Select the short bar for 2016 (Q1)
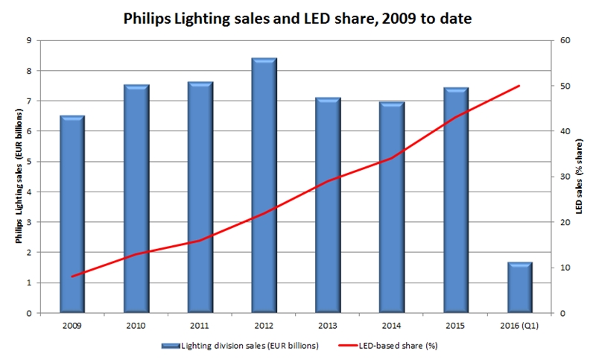(519, 288)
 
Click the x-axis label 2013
(328, 325)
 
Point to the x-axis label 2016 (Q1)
(519, 325)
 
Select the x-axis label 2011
(200, 325)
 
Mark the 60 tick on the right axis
(565, 40)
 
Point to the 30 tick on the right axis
(565, 177)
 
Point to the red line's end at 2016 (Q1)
(519, 86)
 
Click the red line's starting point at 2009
(72, 277)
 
